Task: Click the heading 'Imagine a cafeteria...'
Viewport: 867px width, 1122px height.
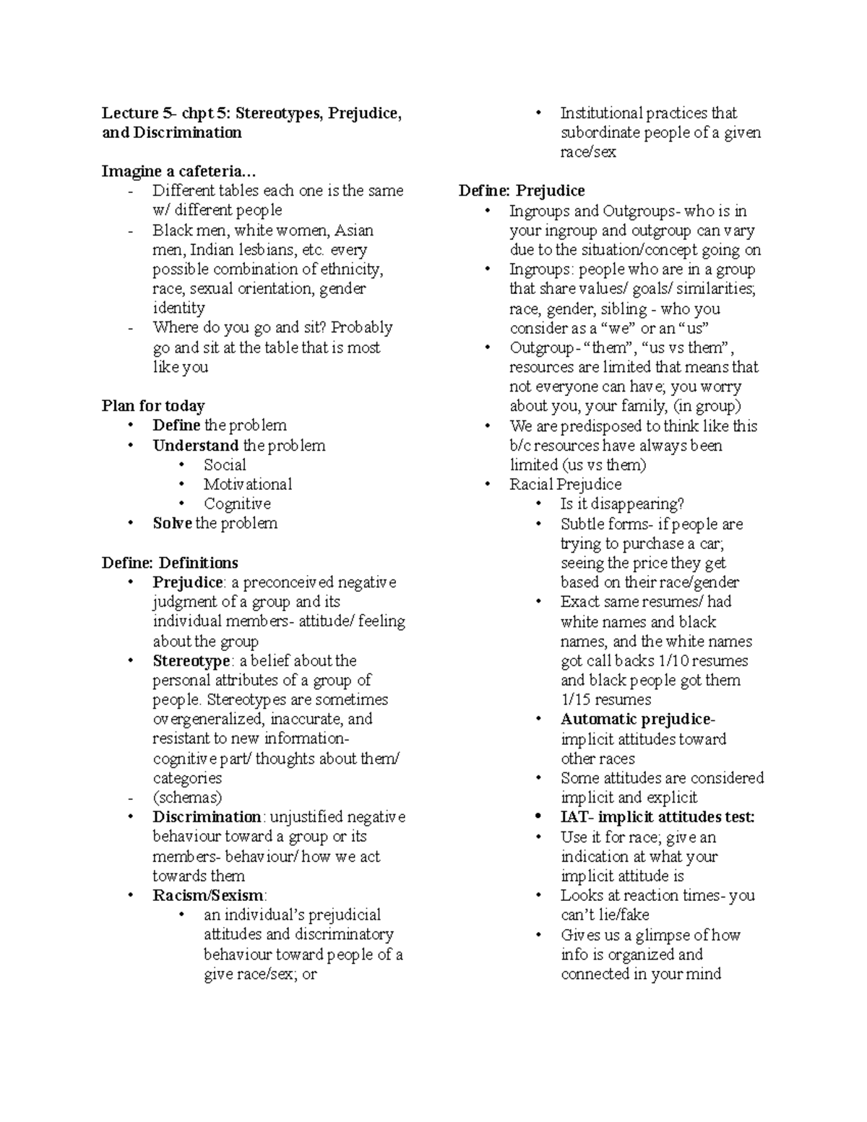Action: tap(178, 171)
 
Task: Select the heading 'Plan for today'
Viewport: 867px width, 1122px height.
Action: tap(153, 405)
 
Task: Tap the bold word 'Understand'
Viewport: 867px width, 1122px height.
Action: tap(195, 445)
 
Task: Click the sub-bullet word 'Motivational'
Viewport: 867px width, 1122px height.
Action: tap(248, 484)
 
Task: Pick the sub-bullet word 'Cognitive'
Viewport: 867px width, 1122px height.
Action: tap(237, 504)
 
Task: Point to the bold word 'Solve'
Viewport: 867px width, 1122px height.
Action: tap(172, 523)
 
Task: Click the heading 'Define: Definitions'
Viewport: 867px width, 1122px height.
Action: tap(170, 563)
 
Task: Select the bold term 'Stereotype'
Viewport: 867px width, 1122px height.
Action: tap(191, 660)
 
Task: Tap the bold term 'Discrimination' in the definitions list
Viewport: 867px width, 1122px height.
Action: tap(207, 817)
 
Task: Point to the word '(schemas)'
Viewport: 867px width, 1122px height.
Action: tap(187, 798)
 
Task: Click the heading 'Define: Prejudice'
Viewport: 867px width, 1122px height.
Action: tap(522, 191)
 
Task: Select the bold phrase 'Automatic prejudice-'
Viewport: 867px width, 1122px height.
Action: tap(637, 720)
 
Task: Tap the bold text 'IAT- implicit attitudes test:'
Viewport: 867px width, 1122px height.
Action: tap(657, 817)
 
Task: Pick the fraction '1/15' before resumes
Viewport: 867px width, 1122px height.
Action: tap(576, 699)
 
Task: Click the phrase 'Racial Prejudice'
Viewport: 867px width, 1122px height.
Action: tap(565, 484)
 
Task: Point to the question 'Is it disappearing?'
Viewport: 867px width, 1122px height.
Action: tap(622, 504)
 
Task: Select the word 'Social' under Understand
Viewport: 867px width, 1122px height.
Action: tap(225, 465)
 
